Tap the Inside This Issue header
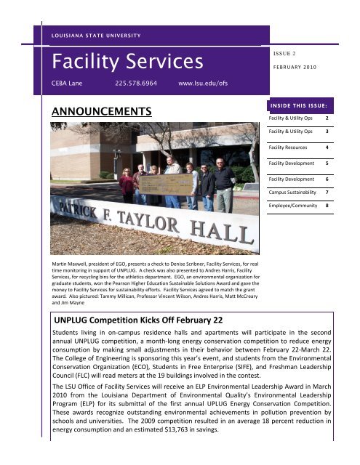pyautogui.click(x=305, y=104)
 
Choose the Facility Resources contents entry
pyautogui.click(x=291, y=147)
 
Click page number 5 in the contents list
pyautogui.click(x=327, y=163)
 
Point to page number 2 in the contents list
pyautogui.click(x=327, y=118)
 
